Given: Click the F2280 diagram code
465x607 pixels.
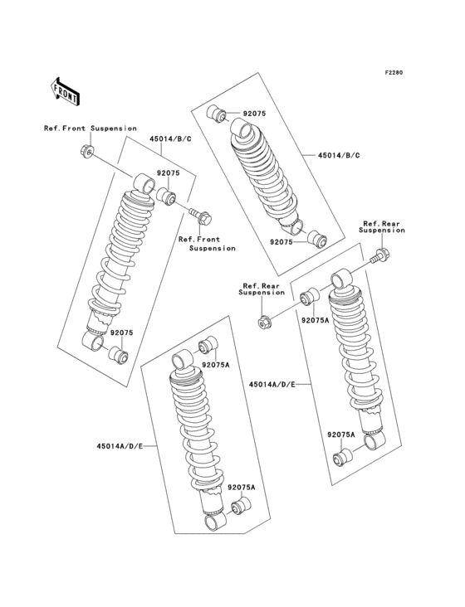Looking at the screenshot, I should [x=393, y=73].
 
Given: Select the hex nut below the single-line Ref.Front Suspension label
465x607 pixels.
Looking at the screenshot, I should [x=86, y=151].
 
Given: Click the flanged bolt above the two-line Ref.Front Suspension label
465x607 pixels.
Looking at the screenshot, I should [x=201, y=218].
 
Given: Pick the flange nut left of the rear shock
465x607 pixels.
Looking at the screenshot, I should [x=267, y=321].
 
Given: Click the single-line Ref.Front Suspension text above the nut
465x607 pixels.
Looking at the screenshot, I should [x=91, y=129].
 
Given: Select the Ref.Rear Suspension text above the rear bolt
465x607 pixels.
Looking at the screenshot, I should [x=383, y=227].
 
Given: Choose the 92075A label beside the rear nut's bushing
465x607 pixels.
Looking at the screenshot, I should [x=315, y=319].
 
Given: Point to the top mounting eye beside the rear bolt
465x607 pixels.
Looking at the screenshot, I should [x=341, y=277].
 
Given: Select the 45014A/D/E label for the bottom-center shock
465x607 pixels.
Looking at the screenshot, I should [x=120, y=446].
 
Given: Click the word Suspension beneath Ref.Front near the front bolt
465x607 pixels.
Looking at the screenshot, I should [x=212, y=248].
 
